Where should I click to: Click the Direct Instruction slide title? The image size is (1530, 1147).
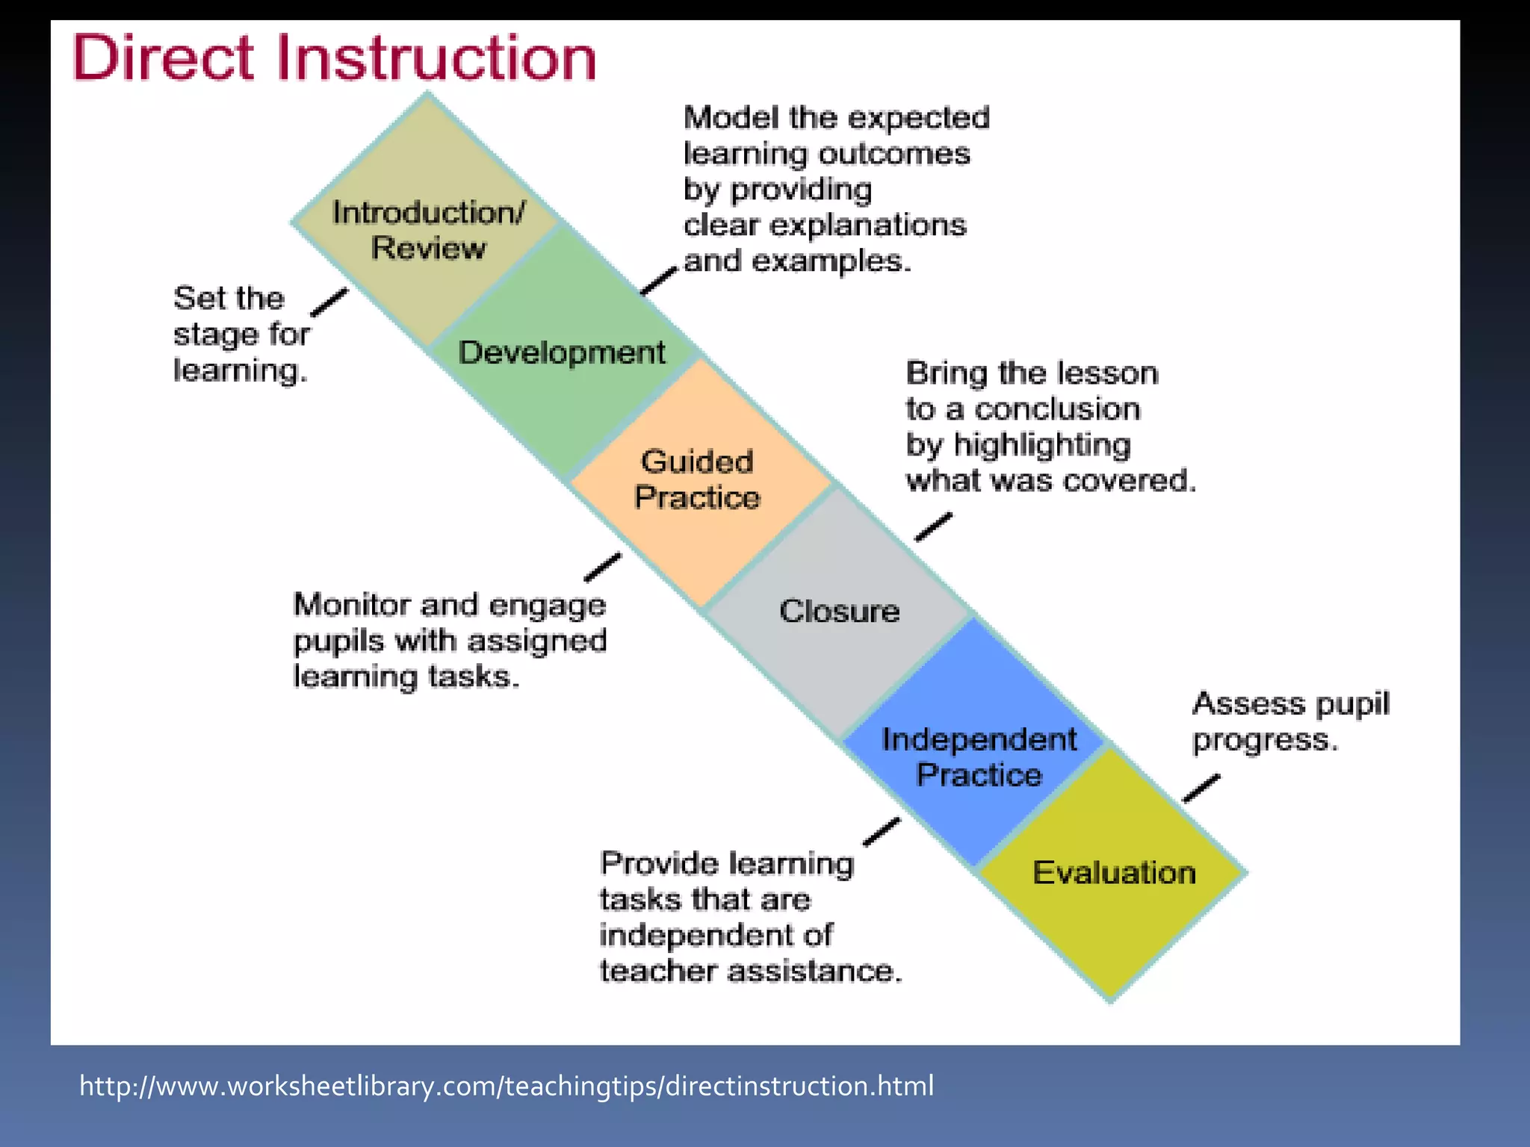(x=334, y=58)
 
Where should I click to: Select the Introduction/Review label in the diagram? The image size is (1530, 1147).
(x=429, y=230)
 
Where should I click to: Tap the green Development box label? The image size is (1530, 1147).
(x=561, y=352)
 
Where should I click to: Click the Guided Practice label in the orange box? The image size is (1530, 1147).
(x=697, y=479)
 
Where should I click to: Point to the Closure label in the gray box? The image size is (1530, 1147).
(x=839, y=612)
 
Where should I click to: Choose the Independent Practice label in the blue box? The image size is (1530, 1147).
(x=979, y=757)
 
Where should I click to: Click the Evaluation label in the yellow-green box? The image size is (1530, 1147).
(x=1114, y=873)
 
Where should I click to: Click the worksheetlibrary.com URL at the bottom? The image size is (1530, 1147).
(x=507, y=1086)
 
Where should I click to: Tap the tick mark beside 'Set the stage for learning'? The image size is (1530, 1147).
(x=329, y=302)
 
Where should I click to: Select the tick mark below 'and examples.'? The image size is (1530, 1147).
(x=658, y=282)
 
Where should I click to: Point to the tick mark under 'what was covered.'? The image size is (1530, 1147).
(x=934, y=526)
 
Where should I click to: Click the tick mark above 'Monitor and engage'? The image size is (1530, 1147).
(x=602, y=567)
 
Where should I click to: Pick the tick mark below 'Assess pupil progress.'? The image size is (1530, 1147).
(x=1201, y=789)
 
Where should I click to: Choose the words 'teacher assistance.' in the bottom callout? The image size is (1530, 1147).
(x=751, y=972)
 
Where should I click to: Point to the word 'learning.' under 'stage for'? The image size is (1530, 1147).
(x=241, y=370)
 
